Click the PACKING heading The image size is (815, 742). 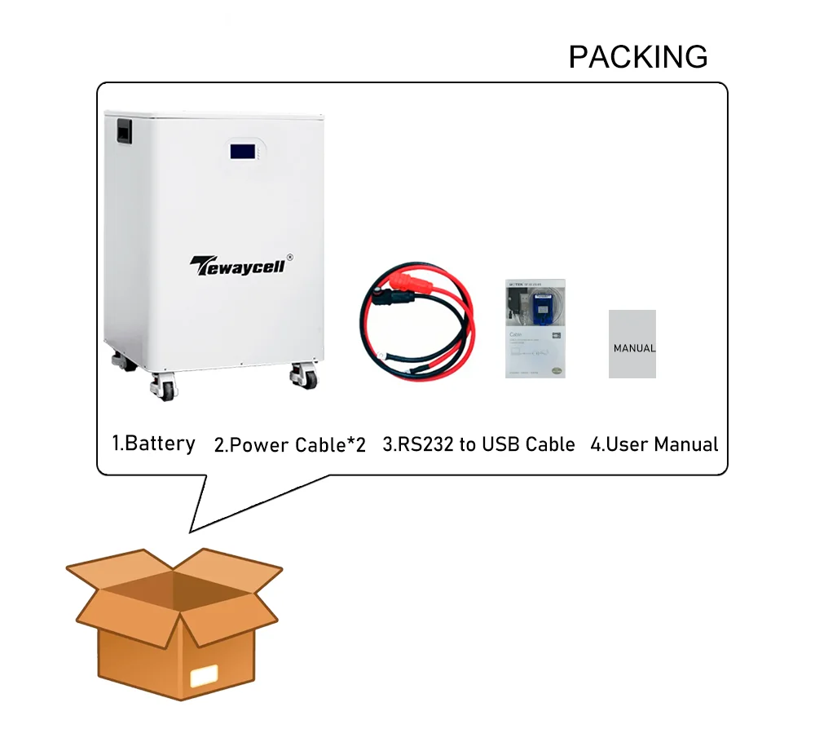pyautogui.click(x=638, y=57)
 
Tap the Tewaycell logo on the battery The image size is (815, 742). pyautogui.click(x=237, y=266)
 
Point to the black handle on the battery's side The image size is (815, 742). pyautogui.click(x=123, y=132)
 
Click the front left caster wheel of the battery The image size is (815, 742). pyautogui.click(x=163, y=386)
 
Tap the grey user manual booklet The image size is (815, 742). pyautogui.click(x=632, y=343)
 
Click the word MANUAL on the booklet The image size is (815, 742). pyautogui.click(x=634, y=348)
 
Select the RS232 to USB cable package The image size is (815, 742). pyautogui.click(x=536, y=329)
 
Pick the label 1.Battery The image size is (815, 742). pyautogui.click(x=153, y=444)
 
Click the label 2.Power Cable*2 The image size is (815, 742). pyautogui.click(x=290, y=445)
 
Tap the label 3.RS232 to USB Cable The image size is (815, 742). pyautogui.click(x=478, y=444)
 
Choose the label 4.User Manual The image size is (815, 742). pyautogui.click(x=654, y=444)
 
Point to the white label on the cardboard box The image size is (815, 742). pyautogui.click(x=203, y=676)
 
